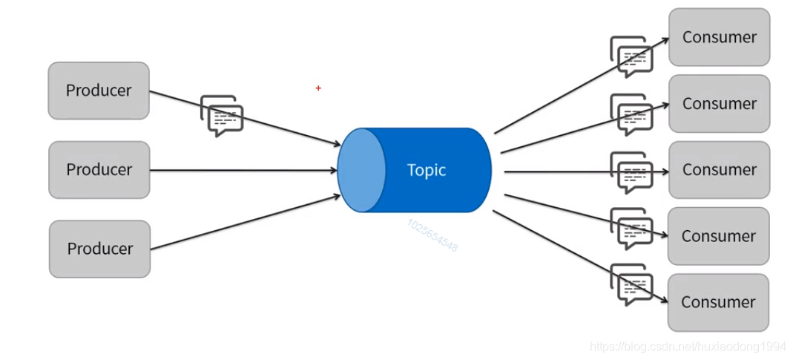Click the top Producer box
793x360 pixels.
pyautogui.click(x=99, y=91)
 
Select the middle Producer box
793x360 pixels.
pyautogui.click(x=99, y=170)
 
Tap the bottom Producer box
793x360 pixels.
pyautogui.click(x=100, y=249)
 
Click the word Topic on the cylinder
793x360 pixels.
pyautogui.click(x=427, y=170)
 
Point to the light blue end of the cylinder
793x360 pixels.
pyautogui.click(x=361, y=170)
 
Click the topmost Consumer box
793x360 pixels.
pyautogui.click(x=719, y=37)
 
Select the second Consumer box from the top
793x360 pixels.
pyautogui.click(x=719, y=104)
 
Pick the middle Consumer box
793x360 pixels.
pyautogui.click(x=719, y=170)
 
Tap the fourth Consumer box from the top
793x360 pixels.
pyautogui.click(x=718, y=236)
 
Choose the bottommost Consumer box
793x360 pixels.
pyautogui.click(x=718, y=302)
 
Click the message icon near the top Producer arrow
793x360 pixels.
pyautogui.click(x=222, y=116)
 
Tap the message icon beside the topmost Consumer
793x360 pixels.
pyautogui.click(x=631, y=56)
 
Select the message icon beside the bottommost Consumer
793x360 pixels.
pyautogui.click(x=631, y=285)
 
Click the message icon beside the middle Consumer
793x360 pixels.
pyautogui.click(x=631, y=172)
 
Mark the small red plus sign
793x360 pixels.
pyautogui.click(x=318, y=88)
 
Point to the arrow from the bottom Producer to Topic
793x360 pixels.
pyautogui.click(x=245, y=222)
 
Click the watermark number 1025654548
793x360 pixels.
pyautogui.click(x=432, y=235)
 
